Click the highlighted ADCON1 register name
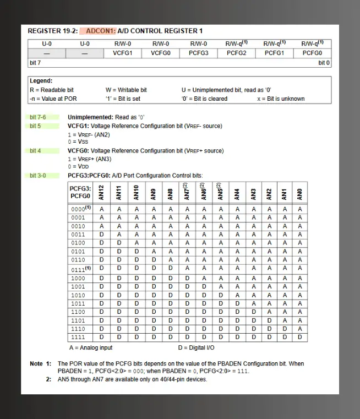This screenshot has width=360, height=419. pos(97,31)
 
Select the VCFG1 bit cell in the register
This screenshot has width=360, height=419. pos(123,53)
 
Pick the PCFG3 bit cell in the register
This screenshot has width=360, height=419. pos(199,53)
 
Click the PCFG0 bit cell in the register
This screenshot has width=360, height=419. pos(312,53)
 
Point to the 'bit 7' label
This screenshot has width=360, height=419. pos(35,63)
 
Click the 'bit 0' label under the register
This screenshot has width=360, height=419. pos(324,63)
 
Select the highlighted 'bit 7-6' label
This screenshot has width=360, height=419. pos(38,117)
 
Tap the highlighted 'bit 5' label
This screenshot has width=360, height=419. pos(35,126)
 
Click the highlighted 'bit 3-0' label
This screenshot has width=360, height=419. pos(38,176)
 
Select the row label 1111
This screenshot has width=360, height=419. pos(78,336)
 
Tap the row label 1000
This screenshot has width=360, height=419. pos(78,279)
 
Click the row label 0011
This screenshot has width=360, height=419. pos(78,234)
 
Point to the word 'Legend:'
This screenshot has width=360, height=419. pos(41,81)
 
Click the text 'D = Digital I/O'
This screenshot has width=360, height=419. pos(196,348)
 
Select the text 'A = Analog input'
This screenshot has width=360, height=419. pos(90,348)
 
